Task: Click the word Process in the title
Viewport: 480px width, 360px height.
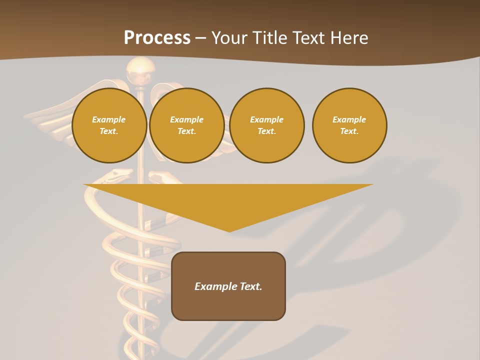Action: pyautogui.click(x=157, y=38)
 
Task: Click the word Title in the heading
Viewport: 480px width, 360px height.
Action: pyautogui.click(x=268, y=38)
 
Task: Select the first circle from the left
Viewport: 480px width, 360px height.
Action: pyautogui.click(x=109, y=125)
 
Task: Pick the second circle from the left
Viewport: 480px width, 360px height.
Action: pyautogui.click(x=186, y=125)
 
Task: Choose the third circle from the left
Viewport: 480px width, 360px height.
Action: pyautogui.click(x=266, y=125)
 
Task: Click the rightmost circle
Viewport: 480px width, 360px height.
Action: pyautogui.click(x=349, y=125)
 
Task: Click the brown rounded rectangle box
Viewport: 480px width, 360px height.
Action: pyautogui.click(x=228, y=305)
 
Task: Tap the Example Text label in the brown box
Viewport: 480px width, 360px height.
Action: pyautogui.click(x=228, y=286)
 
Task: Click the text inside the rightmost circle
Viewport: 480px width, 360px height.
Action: pyautogui.click(x=349, y=125)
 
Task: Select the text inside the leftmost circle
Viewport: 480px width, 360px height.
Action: pyautogui.click(x=109, y=125)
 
